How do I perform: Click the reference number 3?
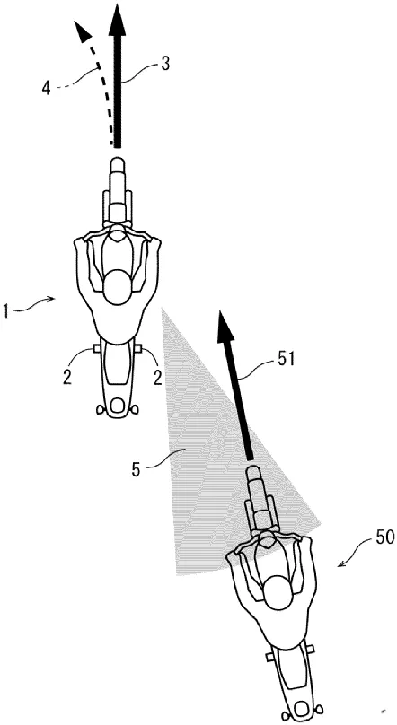point(164,64)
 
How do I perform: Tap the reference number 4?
point(46,87)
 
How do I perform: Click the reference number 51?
point(286,359)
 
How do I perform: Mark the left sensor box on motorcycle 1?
point(97,348)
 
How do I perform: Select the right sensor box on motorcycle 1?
point(138,348)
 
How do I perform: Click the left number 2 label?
point(67,379)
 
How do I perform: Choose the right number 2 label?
point(158,380)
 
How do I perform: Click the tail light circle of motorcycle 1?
point(118,406)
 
